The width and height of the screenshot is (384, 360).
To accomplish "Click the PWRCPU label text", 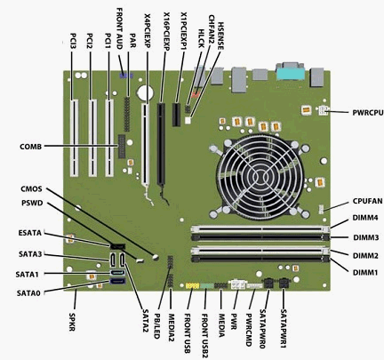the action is tap(368, 113).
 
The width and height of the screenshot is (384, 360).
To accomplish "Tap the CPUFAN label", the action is tap(367, 201).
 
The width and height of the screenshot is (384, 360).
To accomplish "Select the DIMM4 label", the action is tap(365, 218).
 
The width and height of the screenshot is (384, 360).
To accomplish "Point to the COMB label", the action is tap(31, 147).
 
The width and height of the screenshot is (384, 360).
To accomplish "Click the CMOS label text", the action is tap(31, 189).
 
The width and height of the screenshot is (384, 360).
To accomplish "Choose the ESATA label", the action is tap(30, 233).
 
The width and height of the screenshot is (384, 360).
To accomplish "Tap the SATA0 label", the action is tap(28, 293).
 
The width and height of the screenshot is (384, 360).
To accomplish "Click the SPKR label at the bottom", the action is tap(72, 322).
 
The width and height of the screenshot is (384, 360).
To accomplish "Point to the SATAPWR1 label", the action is tap(284, 328).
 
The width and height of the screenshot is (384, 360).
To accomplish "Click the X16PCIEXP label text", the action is tap(166, 31).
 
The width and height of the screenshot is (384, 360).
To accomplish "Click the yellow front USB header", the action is tap(192, 286).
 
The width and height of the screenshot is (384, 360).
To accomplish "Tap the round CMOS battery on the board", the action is tap(145, 93).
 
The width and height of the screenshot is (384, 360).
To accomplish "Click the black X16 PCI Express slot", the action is tap(161, 144).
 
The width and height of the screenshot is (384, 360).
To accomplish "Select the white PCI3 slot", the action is tap(74, 138).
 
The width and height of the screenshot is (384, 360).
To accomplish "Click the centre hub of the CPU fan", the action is tap(260, 177).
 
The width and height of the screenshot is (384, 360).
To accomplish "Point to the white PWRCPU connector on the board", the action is tap(323, 110).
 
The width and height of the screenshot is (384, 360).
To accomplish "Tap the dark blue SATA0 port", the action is tap(117, 281).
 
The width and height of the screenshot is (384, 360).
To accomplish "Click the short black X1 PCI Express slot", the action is tap(177, 115).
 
